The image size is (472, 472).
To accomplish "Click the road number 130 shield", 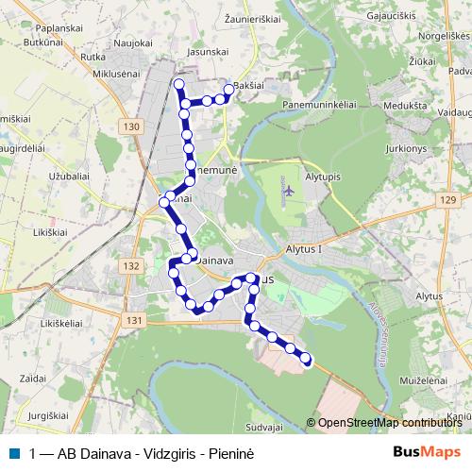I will pyautogui.click(x=131, y=126).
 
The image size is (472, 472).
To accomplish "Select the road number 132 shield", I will pyautogui.click(x=131, y=266).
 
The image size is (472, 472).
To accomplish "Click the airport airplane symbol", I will pyautogui.click(x=287, y=191).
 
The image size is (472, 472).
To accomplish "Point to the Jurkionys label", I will pyautogui.click(x=407, y=149).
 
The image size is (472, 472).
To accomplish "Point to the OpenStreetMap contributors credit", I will pyautogui.click(x=387, y=423).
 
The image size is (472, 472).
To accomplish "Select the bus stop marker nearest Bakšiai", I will pyautogui.click(x=228, y=90).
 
